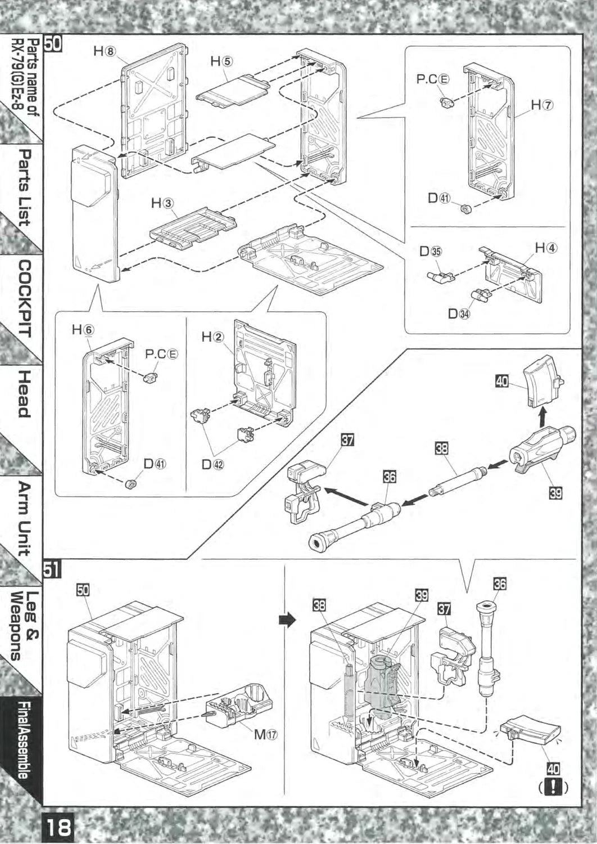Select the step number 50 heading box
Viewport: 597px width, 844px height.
coord(55,44)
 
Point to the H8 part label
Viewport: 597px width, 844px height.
coord(104,51)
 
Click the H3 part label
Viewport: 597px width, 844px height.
coord(162,203)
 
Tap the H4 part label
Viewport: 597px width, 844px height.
coord(545,247)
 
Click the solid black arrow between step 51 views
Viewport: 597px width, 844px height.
coord(287,620)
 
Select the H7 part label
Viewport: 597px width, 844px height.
coord(542,105)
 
